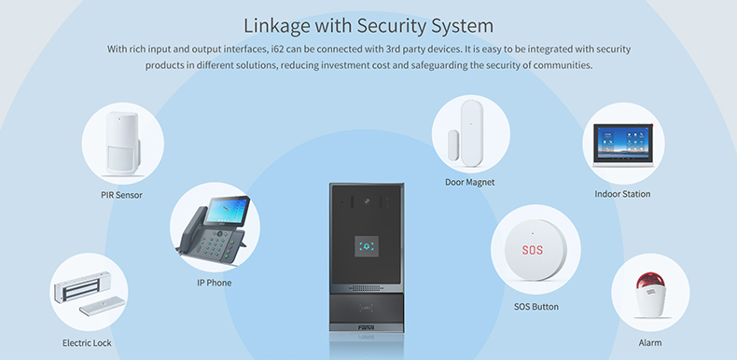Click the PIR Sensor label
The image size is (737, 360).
[x=121, y=195]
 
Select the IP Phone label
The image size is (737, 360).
[x=214, y=283]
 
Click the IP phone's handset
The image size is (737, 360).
[x=190, y=234]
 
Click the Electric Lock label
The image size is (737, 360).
[x=87, y=343]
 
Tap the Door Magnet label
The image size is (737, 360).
[x=469, y=182]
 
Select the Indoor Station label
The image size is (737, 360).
[x=622, y=194]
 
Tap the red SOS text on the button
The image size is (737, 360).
[x=532, y=251]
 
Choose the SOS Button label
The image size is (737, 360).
[x=536, y=306]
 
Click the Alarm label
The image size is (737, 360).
[x=650, y=343]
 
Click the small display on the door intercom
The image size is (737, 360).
[x=368, y=247]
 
